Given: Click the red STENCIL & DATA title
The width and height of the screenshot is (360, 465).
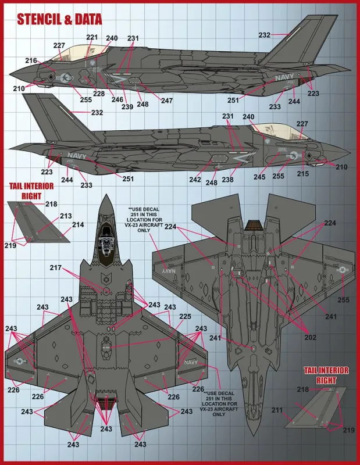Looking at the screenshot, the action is (x=59, y=20).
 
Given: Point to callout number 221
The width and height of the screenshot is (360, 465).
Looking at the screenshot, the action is (x=92, y=37).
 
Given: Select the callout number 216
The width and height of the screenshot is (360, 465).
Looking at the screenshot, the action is (x=31, y=60).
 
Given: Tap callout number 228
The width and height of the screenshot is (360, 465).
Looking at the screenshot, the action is (x=99, y=94).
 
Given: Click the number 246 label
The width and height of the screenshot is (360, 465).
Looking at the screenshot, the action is (x=117, y=99).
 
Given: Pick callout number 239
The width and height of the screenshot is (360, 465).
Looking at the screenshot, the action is (x=127, y=106).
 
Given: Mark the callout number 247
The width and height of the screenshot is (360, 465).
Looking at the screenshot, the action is (x=167, y=101).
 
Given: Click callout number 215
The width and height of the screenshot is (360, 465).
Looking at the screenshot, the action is (x=303, y=174).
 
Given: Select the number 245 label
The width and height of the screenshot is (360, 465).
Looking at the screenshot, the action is (x=259, y=177).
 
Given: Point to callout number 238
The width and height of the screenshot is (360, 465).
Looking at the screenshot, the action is (x=227, y=180).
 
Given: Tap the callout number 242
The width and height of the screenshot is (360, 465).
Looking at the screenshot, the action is (x=195, y=180).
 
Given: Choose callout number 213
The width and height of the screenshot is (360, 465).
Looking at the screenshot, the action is (x=66, y=216).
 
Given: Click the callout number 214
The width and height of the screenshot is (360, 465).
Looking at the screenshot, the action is (x=78, y=225).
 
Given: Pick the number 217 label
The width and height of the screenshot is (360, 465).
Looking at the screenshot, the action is (x=55, y=268).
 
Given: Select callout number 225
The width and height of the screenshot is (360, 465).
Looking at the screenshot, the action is (x=185, y=316).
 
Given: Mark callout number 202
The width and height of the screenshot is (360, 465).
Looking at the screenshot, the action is (x=310, y=338).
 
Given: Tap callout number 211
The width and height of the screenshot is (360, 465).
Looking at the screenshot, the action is (x=277, y=410).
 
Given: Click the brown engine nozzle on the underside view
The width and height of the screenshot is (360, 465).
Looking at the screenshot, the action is (x=255, y=225).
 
